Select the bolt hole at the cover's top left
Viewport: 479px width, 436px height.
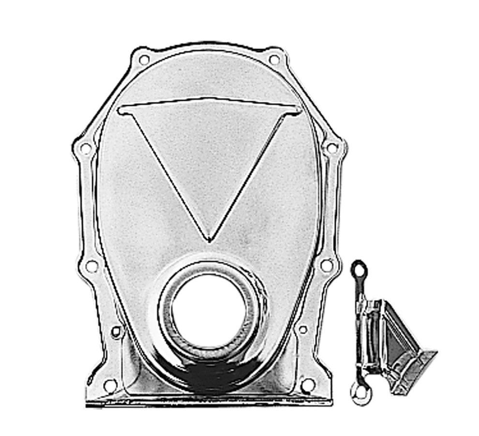[x=144, y=60]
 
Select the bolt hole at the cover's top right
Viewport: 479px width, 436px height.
[x=274, y=60]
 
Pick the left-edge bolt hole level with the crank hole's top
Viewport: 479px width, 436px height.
[x=91, y=266]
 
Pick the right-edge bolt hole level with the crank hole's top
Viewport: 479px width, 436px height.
[x=327, y=265]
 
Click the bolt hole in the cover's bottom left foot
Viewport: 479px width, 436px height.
[x=110, y=386]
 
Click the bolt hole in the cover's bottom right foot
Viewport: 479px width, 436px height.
[x=307, y=385]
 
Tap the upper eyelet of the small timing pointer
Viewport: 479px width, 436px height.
[x=359, y=266]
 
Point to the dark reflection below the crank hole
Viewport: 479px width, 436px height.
[x=208, y=375]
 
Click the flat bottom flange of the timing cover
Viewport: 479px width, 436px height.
[x=208, y=401]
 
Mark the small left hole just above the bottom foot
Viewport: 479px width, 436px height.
[x=116, y=331]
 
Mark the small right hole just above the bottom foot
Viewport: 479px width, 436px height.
[x=302, y=329]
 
